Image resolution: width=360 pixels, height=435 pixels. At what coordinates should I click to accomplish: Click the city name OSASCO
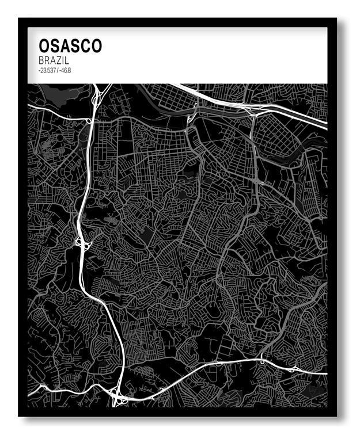[70, 46]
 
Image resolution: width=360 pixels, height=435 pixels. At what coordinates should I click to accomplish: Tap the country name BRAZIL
[54, 60]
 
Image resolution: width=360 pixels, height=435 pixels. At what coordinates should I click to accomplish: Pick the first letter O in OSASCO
[44, 46]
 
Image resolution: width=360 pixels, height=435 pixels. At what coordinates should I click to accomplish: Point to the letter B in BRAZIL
[41, 60]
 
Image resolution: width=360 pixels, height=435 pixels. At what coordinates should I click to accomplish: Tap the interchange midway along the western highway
[81, 245]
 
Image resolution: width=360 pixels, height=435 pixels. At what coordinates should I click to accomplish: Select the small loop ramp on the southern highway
[263, 361]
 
